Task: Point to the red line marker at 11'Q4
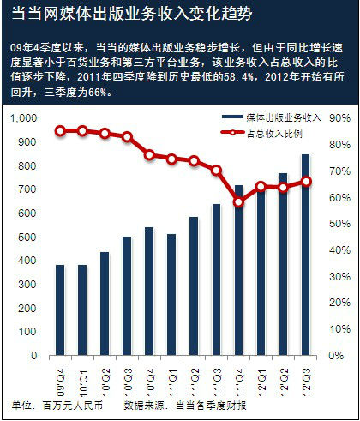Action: tap(239, 202)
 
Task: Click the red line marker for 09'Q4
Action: tap(61, 130)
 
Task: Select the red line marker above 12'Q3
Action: tap(306, 181)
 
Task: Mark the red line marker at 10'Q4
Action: tap(150, 155)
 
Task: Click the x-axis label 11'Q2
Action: tap(195, 374)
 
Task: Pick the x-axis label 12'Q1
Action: tap(261, 374)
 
